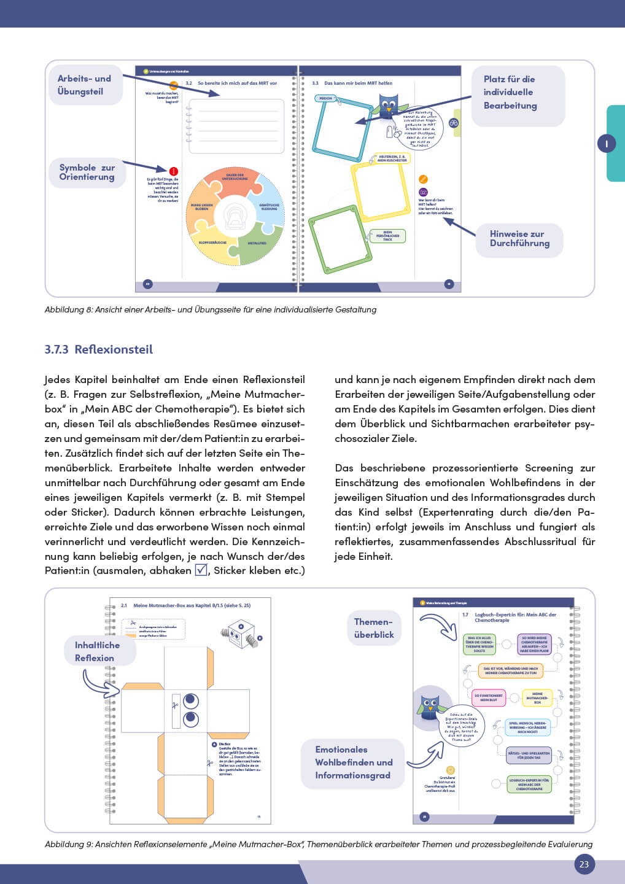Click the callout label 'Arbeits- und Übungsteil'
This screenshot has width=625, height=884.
click(x=85, y=85)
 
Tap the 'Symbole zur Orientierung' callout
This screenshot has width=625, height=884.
click(x=87, y=173)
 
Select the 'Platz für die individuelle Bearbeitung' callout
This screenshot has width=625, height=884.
click(x=510, y=93)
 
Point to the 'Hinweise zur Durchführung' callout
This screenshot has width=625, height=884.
click(x=519, y=239)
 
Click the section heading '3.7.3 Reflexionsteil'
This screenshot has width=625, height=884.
click(x=98, y=349)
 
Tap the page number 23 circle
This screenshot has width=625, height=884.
click(x=584, y=864)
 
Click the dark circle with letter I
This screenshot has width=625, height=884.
click(x=607, y=144)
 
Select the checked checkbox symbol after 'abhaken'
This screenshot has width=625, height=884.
click(x=201, y=570)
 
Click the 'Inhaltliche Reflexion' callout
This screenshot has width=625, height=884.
click(x=97, y=651)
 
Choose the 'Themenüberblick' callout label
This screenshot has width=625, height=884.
click(x=374, y=628)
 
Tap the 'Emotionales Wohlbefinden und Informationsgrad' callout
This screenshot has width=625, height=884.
click(x=354, y=762)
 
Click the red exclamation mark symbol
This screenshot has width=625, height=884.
click(x=174, y=171)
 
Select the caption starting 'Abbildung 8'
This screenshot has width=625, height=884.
click(x=210, y=310)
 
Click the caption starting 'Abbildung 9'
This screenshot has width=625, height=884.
click(x=318, y=845)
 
